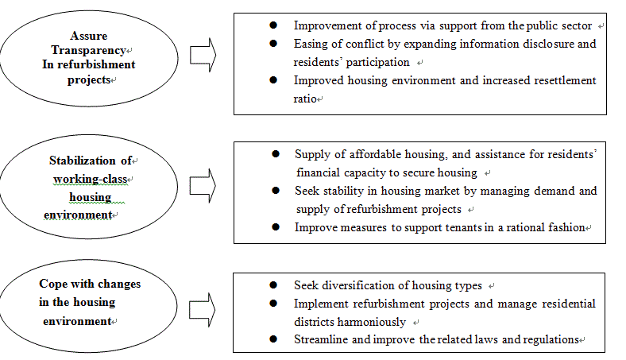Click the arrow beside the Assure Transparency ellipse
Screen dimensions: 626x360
(203, 55)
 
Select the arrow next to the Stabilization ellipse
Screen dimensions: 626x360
(203, 185)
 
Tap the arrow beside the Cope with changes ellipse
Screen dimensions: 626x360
(203, 310)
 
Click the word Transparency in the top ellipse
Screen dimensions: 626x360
(89, 50)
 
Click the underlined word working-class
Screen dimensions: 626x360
(91, 179)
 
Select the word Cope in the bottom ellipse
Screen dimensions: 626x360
(51, 284)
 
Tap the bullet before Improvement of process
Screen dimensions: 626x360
(273, 25)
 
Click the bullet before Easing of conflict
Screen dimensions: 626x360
(273, 43)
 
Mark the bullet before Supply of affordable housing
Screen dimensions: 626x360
(276, 154)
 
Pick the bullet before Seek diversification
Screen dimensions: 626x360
(273, 285)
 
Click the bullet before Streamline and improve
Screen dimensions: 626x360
(273, 339)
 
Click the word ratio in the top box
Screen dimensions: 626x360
(305, 99)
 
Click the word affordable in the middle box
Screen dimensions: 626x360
(375, 154)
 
